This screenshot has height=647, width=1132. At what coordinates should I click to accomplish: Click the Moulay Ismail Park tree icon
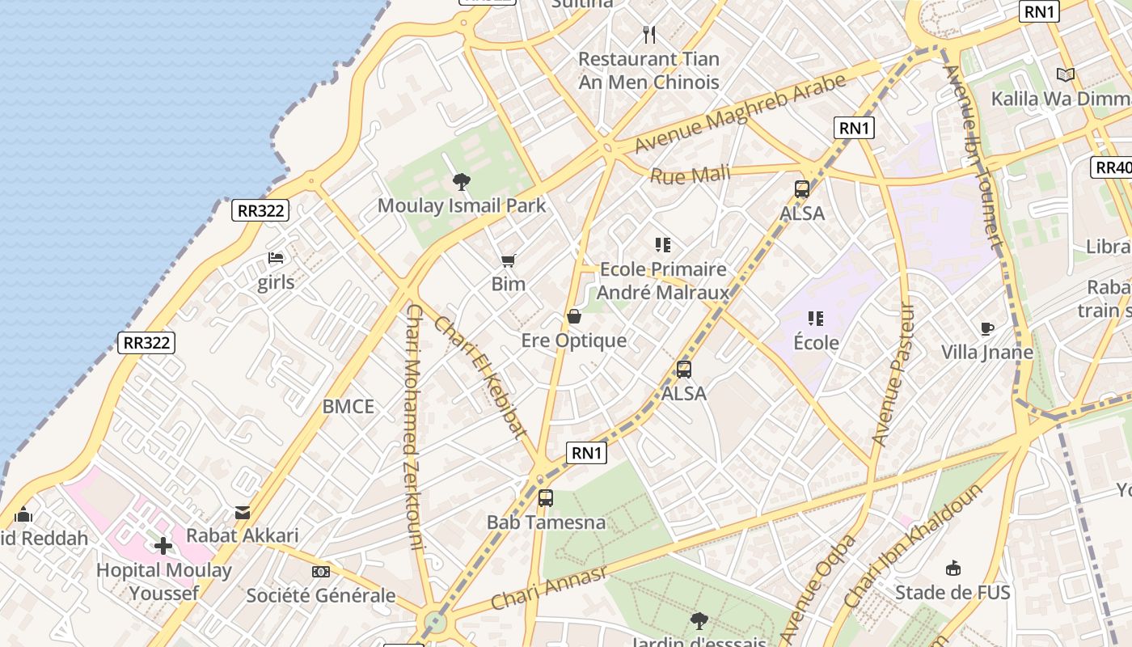(462, 181)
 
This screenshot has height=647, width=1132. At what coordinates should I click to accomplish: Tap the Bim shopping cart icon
(508, 260)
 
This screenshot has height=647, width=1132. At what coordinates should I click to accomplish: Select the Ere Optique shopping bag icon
(574, 316)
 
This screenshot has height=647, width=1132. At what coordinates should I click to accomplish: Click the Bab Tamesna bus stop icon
(546, 498)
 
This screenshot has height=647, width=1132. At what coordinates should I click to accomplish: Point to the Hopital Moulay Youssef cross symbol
(163, 546)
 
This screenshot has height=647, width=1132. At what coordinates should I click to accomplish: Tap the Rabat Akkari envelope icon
(243, 512)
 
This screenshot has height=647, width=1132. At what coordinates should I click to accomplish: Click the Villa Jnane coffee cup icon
(986, 328)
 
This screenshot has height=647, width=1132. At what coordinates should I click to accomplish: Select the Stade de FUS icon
(953, 569)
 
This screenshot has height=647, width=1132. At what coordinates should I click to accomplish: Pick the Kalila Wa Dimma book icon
(1066, 75)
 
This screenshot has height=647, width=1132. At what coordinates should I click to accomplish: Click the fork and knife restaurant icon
(648, 35)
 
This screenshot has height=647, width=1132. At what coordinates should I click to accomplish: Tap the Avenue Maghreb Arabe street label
(741, 112)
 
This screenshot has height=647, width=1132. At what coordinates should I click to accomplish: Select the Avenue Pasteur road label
(893, 374)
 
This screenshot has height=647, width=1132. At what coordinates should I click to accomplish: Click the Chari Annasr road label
(548, 588)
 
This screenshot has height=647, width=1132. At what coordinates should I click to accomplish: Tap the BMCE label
(348, 406)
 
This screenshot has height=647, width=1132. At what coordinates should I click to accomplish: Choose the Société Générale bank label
(321, 596)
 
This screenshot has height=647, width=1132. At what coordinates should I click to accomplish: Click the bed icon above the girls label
(276, 259)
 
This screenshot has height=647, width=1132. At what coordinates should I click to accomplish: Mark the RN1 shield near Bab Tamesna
(588, 453)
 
